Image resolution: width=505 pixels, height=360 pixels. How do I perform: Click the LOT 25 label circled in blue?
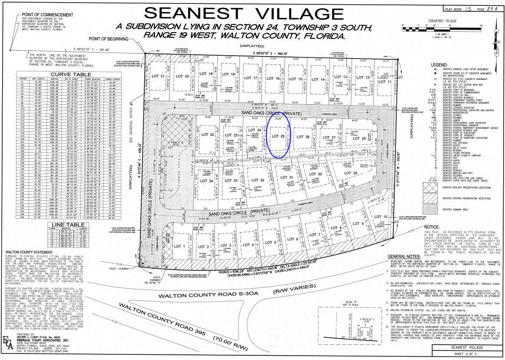278,136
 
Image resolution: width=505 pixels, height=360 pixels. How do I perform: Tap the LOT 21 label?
159,77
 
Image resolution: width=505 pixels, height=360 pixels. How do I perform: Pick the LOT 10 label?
380,217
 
